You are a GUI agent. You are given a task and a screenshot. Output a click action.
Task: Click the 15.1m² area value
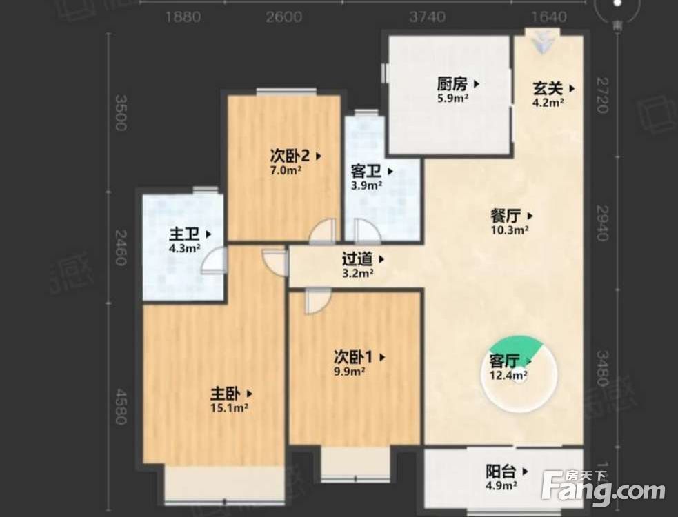(x=230, y=408)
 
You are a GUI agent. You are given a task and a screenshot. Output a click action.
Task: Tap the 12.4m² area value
(x=508, y=376)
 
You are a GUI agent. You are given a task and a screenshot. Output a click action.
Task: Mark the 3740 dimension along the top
(x=427, y=17)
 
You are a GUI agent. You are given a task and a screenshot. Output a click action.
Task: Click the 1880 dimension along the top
(x=183, y=17)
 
